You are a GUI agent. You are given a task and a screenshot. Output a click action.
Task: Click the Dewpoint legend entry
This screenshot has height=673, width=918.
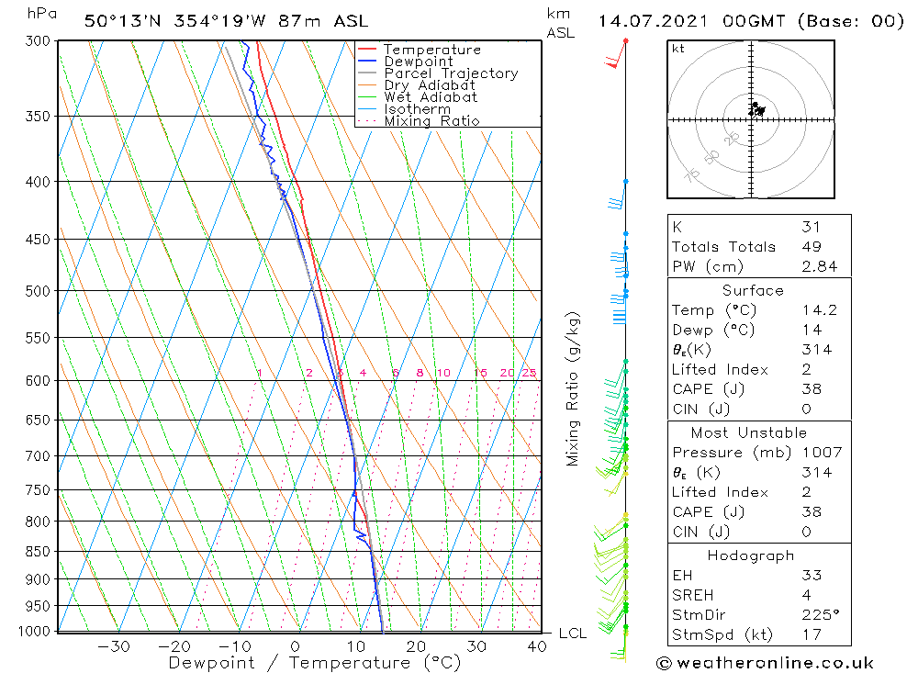click(x=418, y=62)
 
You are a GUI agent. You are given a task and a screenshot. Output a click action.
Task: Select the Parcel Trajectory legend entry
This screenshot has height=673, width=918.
click(x=451, y=73)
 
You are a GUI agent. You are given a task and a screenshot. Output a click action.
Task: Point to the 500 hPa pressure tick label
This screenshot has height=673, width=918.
click(x=37, y=291)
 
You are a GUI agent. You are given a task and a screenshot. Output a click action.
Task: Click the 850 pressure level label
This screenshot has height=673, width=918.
click(x=37, y=552)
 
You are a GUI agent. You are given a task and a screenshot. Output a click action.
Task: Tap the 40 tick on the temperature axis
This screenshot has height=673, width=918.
click(x=537, y=646)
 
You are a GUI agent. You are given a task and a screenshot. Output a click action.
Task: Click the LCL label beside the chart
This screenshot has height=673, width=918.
click(x=572, y=634)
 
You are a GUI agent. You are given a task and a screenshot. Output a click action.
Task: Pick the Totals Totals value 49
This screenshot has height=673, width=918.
click(x=811, y=246)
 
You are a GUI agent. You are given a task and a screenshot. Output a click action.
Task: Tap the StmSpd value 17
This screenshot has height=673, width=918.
click(x=811, y=634)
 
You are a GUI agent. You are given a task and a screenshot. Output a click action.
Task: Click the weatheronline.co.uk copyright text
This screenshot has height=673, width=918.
click(x=765, y=662)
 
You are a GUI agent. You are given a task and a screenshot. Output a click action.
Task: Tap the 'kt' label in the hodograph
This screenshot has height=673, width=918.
click(x=677, y=49)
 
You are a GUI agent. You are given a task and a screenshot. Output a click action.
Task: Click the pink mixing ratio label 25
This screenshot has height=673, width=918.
click(x=529, y=373)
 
